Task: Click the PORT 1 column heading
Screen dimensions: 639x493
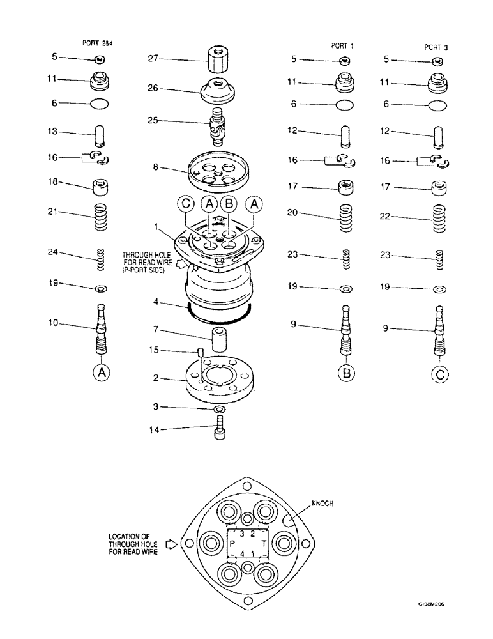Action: click(x=340, y=46)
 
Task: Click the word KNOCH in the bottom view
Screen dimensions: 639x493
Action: click(x=322, y=504)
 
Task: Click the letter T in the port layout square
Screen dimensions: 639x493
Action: click(x=263, y=545)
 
